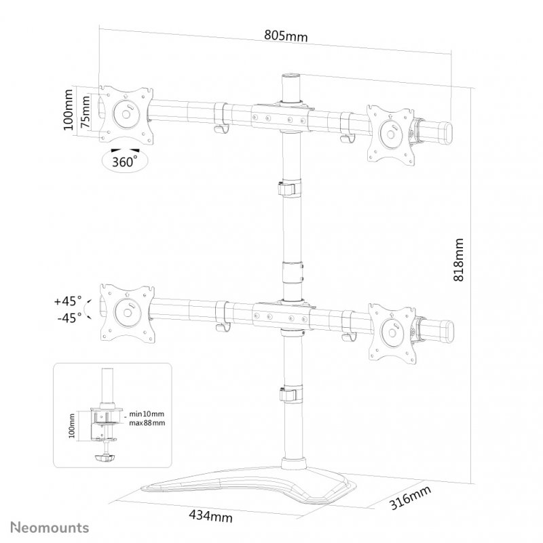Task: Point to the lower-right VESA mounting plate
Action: pyautogui.click(x=391, y=329)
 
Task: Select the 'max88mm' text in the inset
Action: pyautogui.click(x=147, y=423)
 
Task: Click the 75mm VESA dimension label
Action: pyautogui.click(x=86, y=112)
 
